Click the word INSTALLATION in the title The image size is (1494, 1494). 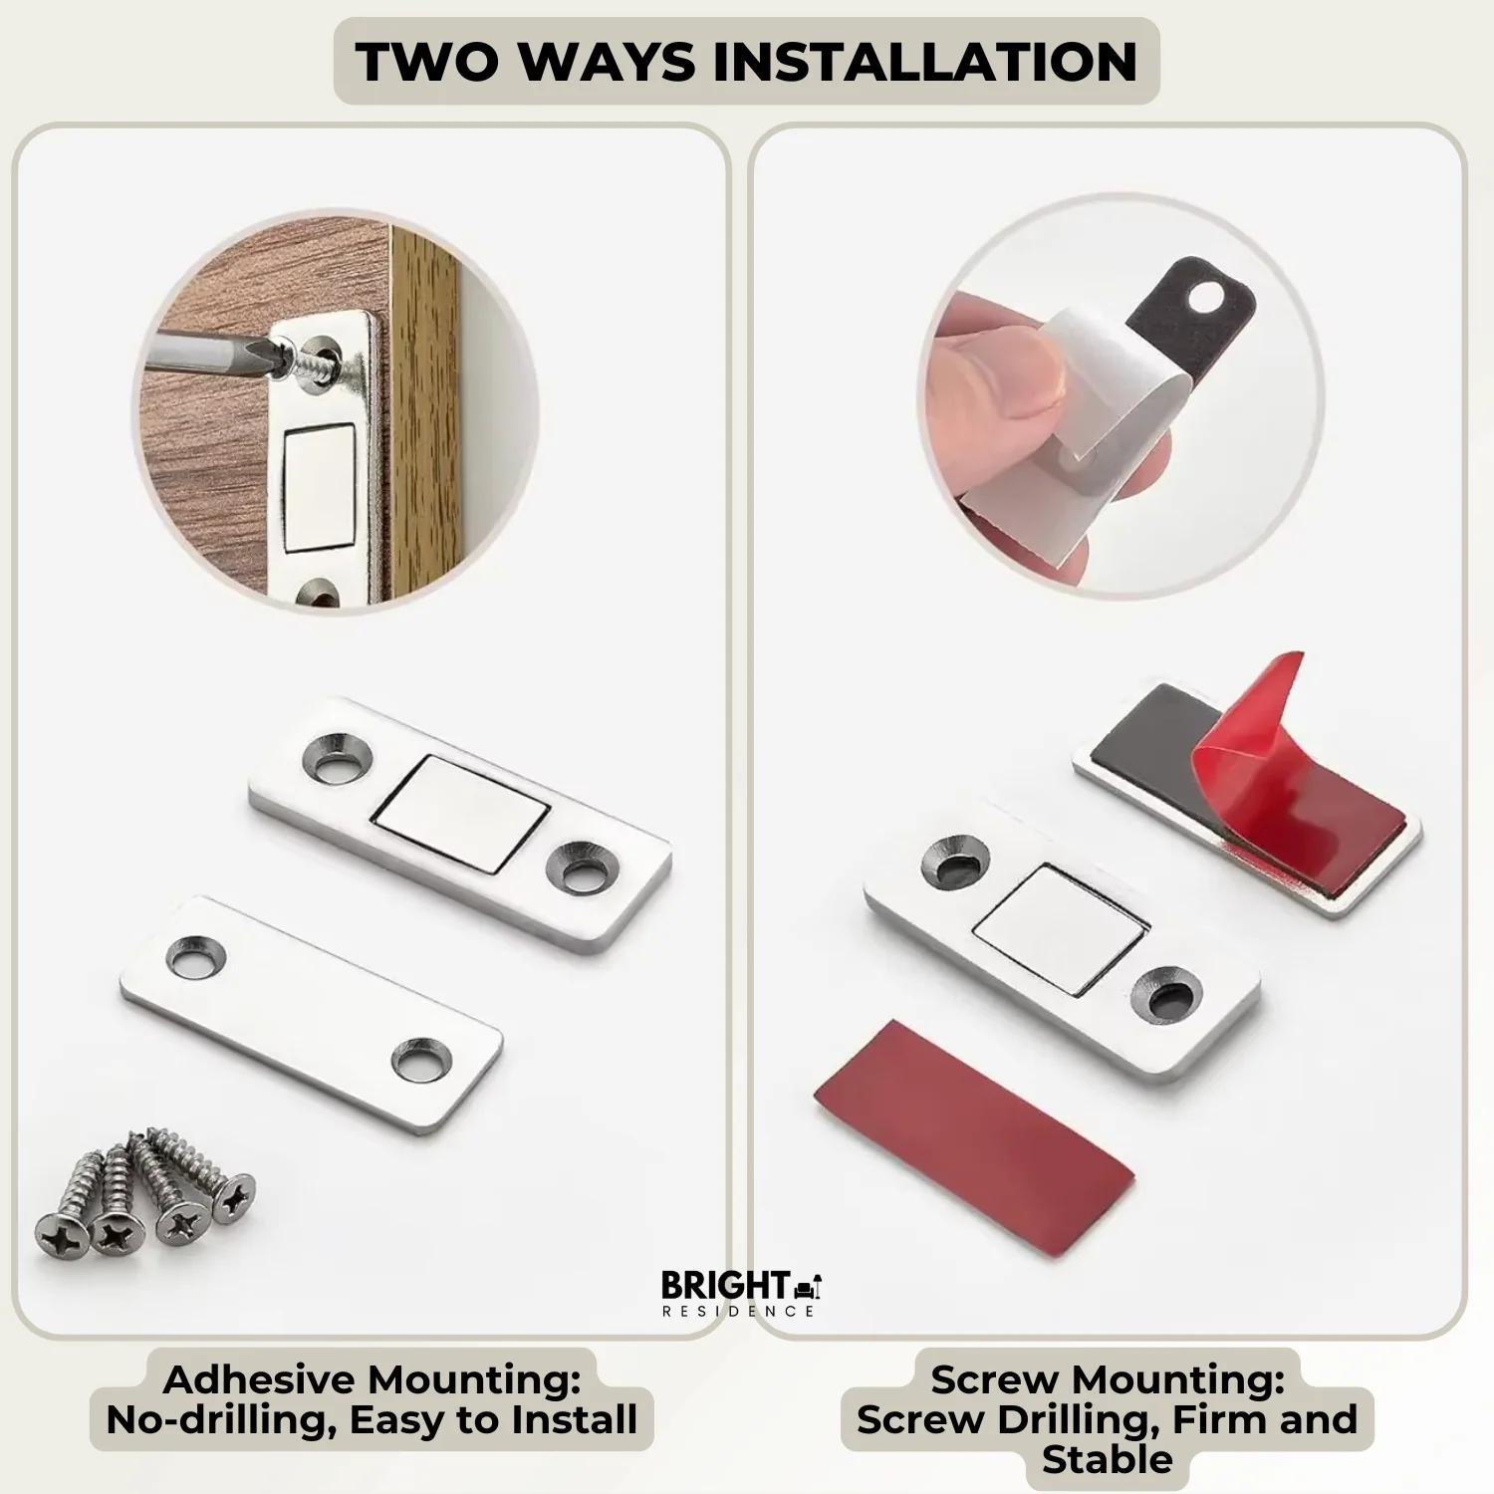pos(926,62)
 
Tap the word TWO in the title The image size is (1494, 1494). pos(427,62)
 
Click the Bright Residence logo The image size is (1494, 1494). pos(740,1293)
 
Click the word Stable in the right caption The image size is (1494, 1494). pos(1107,1459)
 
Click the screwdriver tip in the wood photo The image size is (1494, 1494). pos(265,355)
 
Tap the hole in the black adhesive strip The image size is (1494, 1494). pos(1209,295)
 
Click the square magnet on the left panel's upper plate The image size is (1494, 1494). pos(461,814)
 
